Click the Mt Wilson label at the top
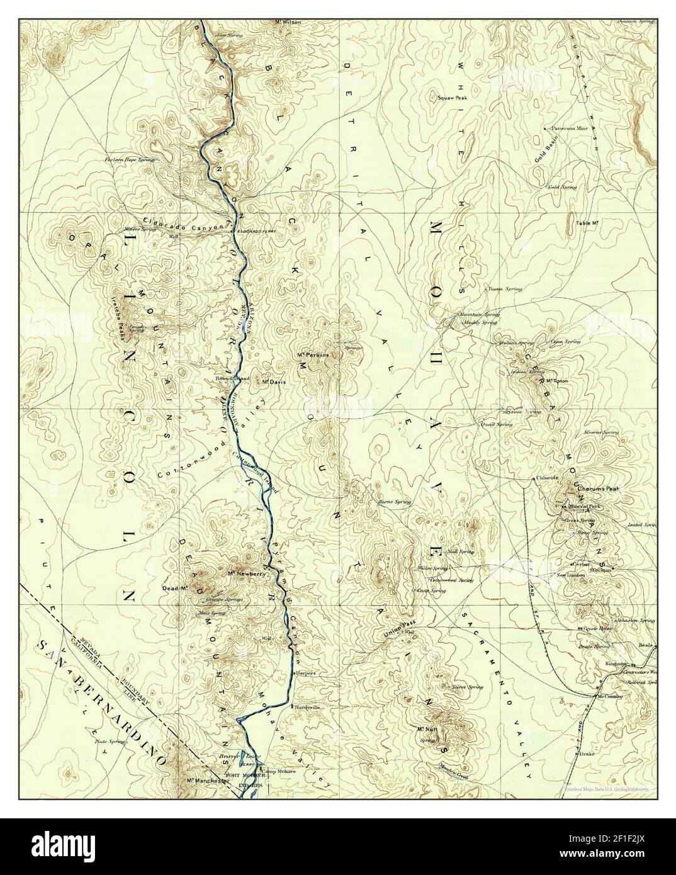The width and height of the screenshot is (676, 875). [289, 22]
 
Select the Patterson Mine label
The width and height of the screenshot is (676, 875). [570, 128]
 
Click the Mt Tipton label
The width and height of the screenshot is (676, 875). [558, 381]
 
